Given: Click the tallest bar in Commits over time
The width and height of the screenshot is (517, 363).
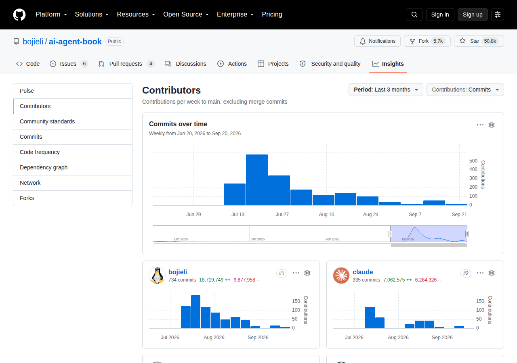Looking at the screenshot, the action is (256, 180).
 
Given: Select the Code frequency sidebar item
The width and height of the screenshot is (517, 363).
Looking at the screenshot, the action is (40, 152).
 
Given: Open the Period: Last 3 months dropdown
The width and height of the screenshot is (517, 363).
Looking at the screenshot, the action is (386, 90).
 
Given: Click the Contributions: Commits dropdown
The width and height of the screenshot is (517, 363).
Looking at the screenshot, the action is (465, 90).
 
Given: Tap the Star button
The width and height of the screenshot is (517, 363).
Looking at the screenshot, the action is (479, 41).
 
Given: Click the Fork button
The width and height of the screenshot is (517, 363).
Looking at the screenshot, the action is (427, 41).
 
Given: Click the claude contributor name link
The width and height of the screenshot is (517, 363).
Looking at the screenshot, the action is (363, 272).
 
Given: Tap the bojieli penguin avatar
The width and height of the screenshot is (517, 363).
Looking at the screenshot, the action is (157, 275).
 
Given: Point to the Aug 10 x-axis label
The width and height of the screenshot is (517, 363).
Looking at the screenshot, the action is (326, 214).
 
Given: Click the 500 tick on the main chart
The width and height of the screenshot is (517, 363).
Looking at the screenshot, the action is (473, 161).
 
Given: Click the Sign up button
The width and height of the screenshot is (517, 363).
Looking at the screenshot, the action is (473, 15).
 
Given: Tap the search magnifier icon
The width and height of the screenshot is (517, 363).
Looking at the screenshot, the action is (414, 15).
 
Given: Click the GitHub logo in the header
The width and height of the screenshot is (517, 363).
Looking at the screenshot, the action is (19, 15).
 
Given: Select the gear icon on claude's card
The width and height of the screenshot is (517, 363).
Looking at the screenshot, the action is (492, 273).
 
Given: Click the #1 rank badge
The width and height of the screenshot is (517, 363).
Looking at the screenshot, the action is (282, 273).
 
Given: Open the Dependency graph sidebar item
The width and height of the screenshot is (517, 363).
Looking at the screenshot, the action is (44, 167).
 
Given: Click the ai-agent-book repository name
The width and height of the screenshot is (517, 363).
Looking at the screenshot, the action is (75, 42).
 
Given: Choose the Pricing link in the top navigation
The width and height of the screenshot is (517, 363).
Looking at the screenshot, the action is (272, 14).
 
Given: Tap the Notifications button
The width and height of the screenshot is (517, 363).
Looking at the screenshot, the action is (377, 41).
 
